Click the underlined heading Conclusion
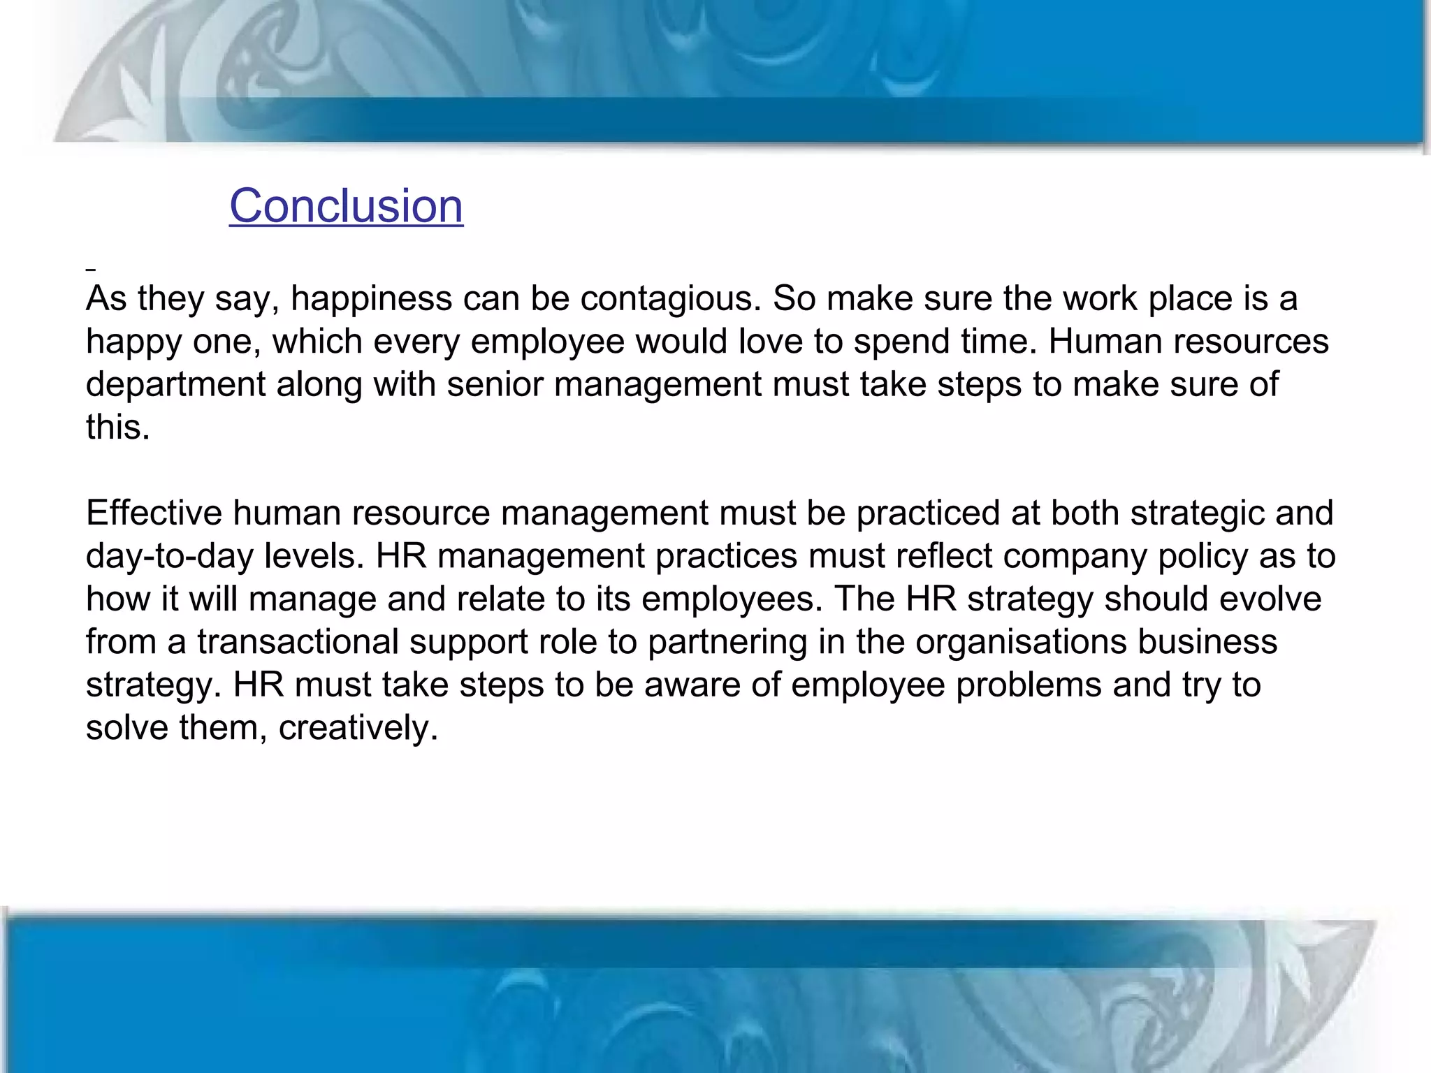[346, 206]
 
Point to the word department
[175, 385]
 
